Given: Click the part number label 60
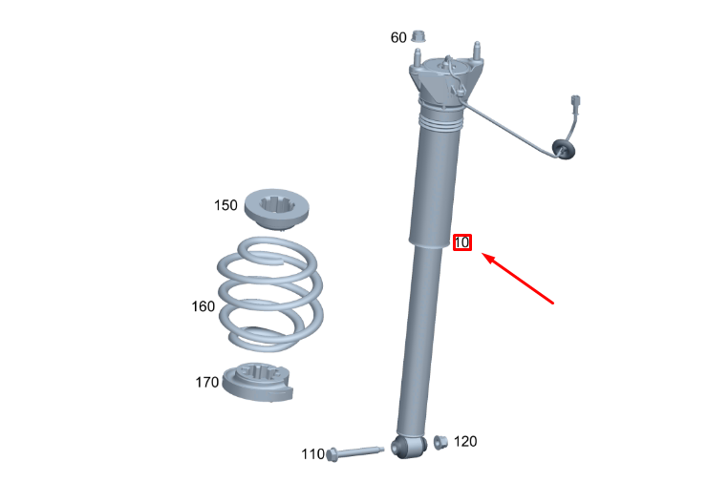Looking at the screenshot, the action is (x=398, y=37).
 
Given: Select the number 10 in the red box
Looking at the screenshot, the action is (x=461, y=242).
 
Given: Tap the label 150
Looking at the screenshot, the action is (x=225, y=205).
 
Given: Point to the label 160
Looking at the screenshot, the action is (x=203, y=306).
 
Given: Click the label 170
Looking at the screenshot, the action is (x=206, y=383).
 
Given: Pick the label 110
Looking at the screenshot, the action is (x=312, y=453).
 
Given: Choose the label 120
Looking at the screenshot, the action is (x=465, y=441).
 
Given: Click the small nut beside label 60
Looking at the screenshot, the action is (x=418, y=35).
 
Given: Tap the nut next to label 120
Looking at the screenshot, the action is (x=440, y=442).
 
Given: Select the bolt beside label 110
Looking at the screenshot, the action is (x=354, y=453).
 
